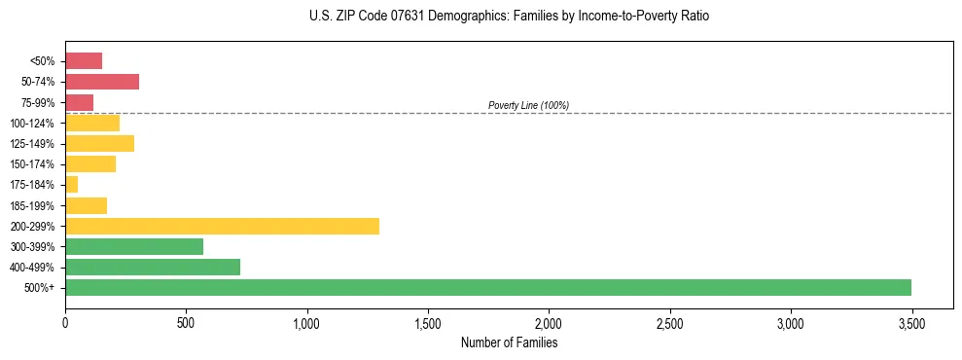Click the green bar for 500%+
pos(488,287)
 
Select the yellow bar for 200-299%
pos(222,226)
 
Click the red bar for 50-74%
pos(102,81)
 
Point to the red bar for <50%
pos(84,60)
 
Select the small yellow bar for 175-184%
pos(71,184)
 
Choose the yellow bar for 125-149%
pos(99,143)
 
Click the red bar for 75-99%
pos(79,102)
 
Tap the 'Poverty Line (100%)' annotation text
pos(528,105)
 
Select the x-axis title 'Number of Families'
pos(509,342)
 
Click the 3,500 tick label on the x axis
pos(911,322)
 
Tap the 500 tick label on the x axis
pos(186,322)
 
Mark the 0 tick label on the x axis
pos(65,322)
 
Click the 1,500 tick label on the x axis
pos(428,322)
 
